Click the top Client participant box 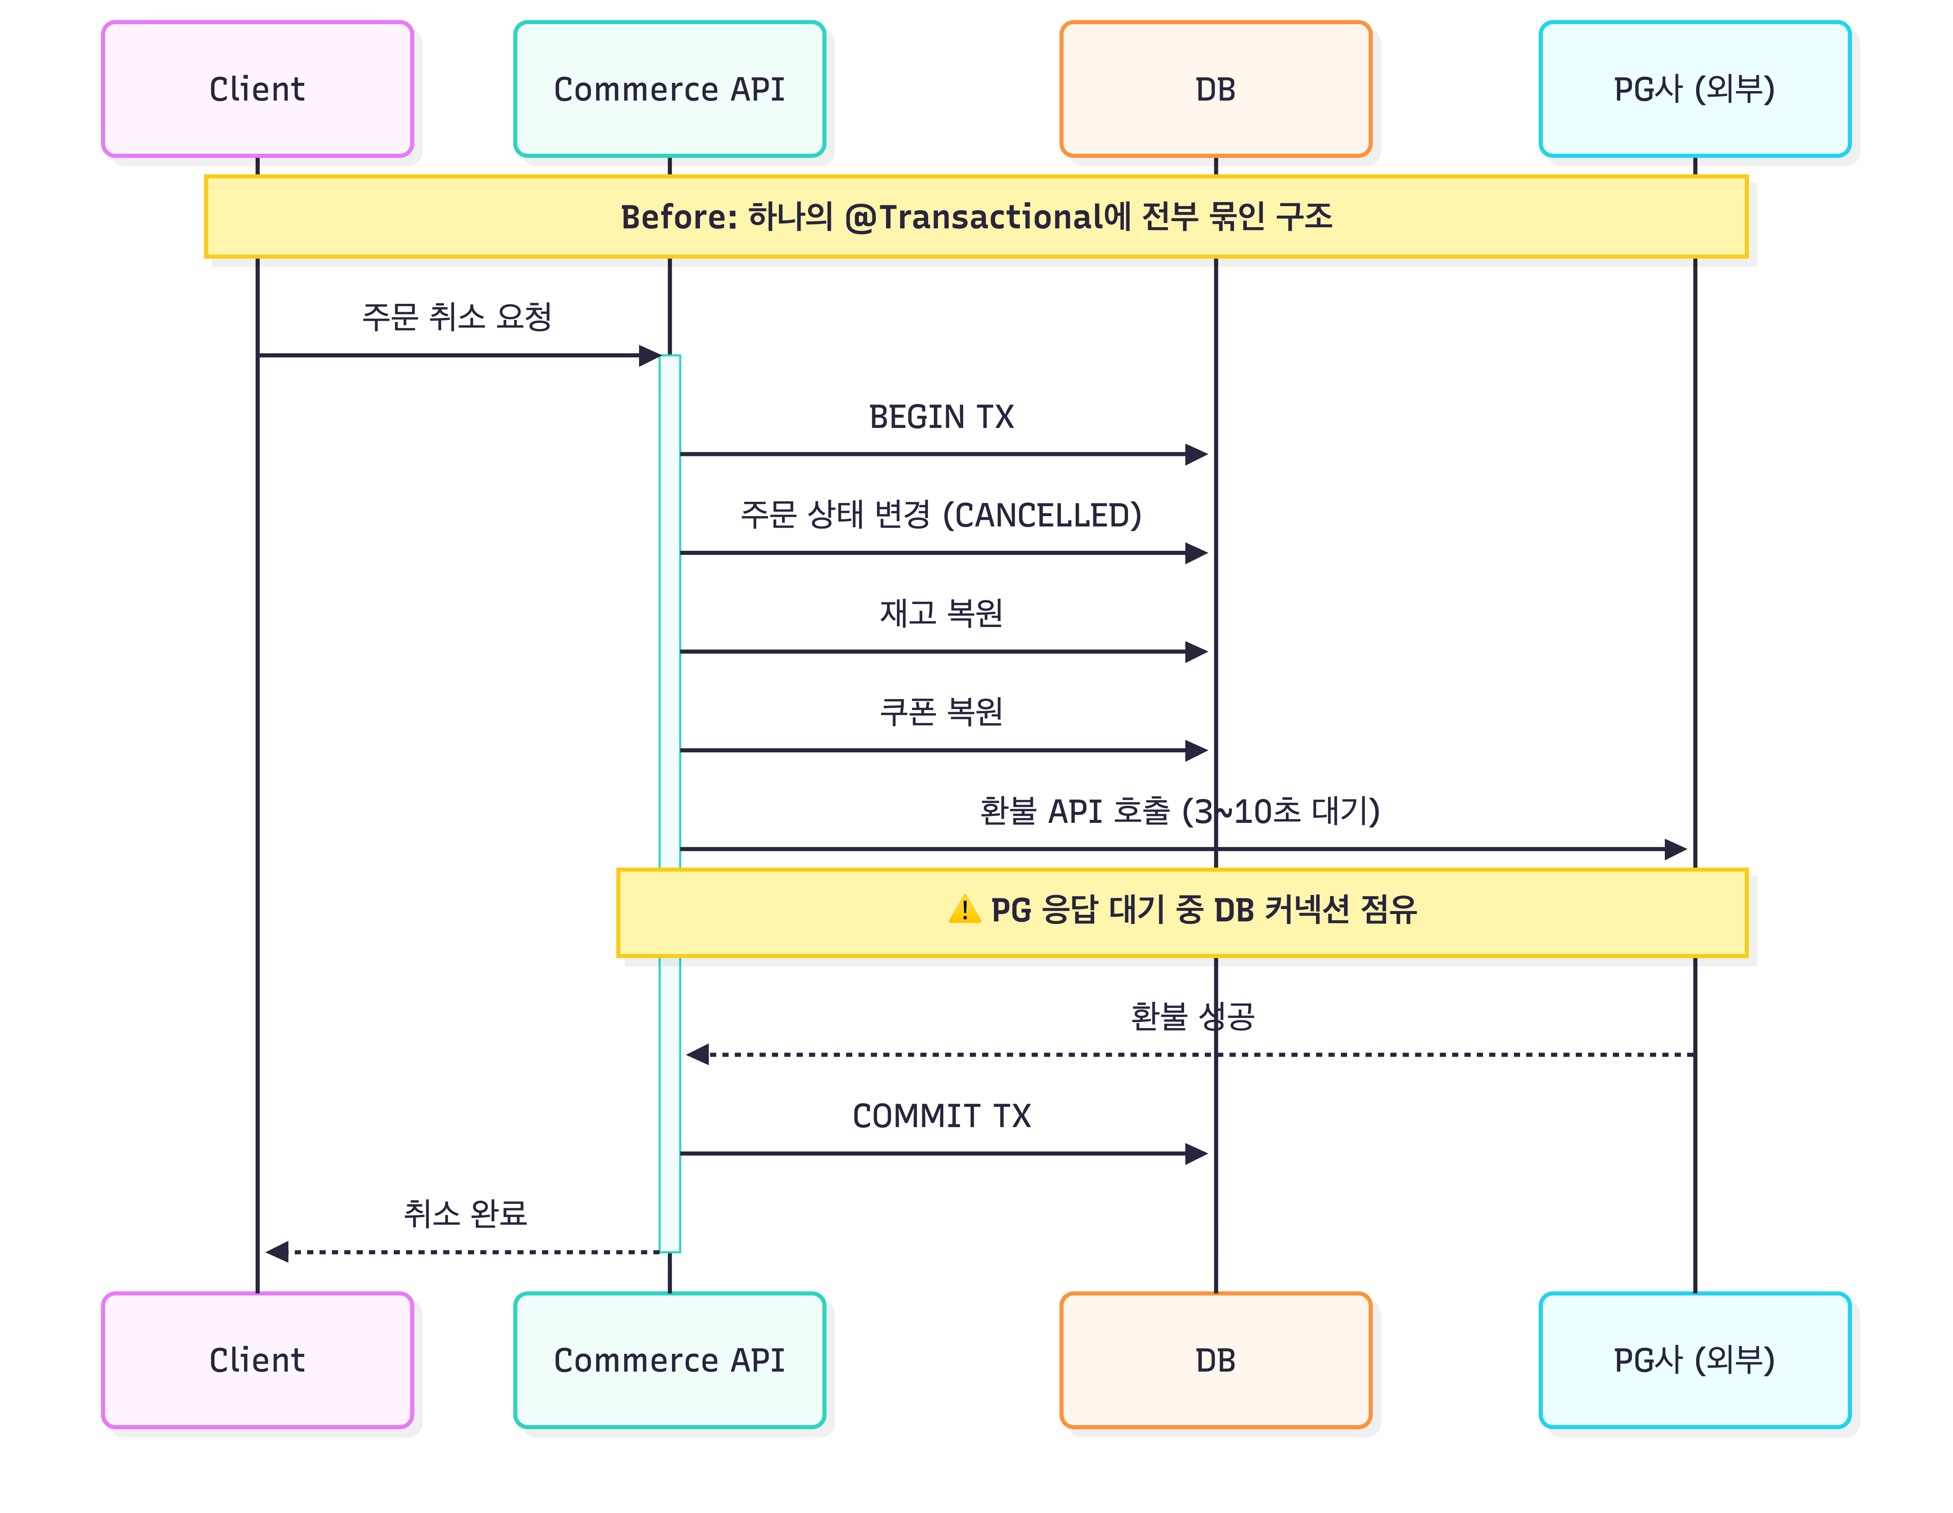pyautogui.click(x=258, y=89)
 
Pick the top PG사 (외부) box pyautogui.click(x=1694, y=89)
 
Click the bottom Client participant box pyautogui.click(x=258, y=1360)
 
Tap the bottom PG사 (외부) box pyautogui.click(x=1694, y=1360)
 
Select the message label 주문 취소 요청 pyautogui.click(x=457, y=317)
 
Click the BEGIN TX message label pyautogui.click(x=942, y=417)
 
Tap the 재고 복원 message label pyautogui.click(x=942, y=613)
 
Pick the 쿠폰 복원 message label pyautogui.click(x=942, y=712)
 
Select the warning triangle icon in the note pyautogui.click(x=965, y=910)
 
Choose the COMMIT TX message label pyautogui.click(x=942, y=1116)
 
